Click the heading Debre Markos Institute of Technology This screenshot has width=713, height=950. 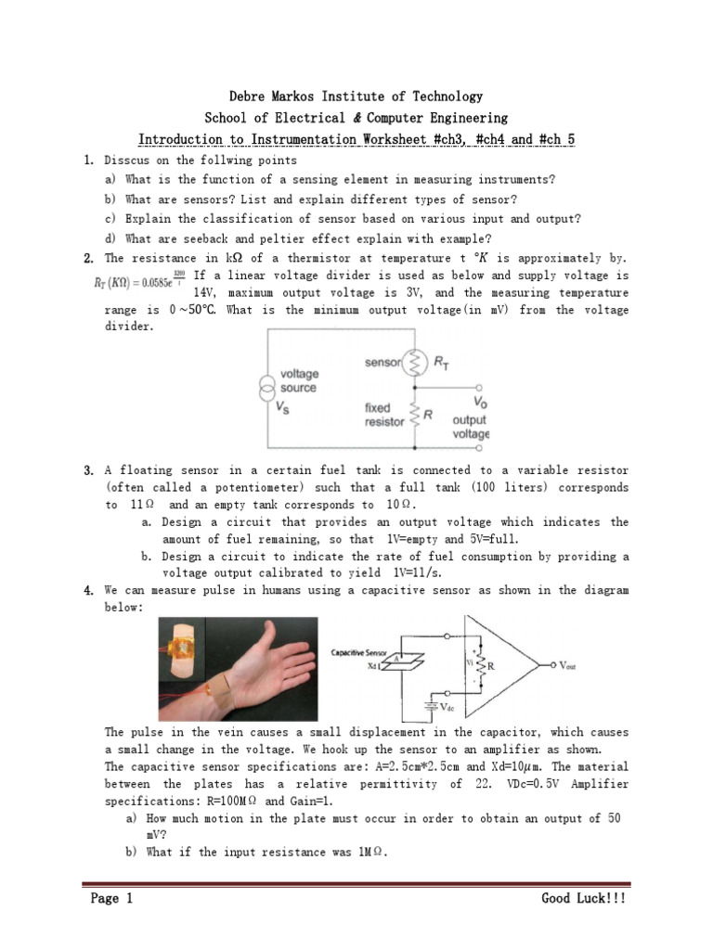(356, 96)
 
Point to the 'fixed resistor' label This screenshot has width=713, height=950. (384, 414)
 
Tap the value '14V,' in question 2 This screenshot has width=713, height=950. (211, 292)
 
